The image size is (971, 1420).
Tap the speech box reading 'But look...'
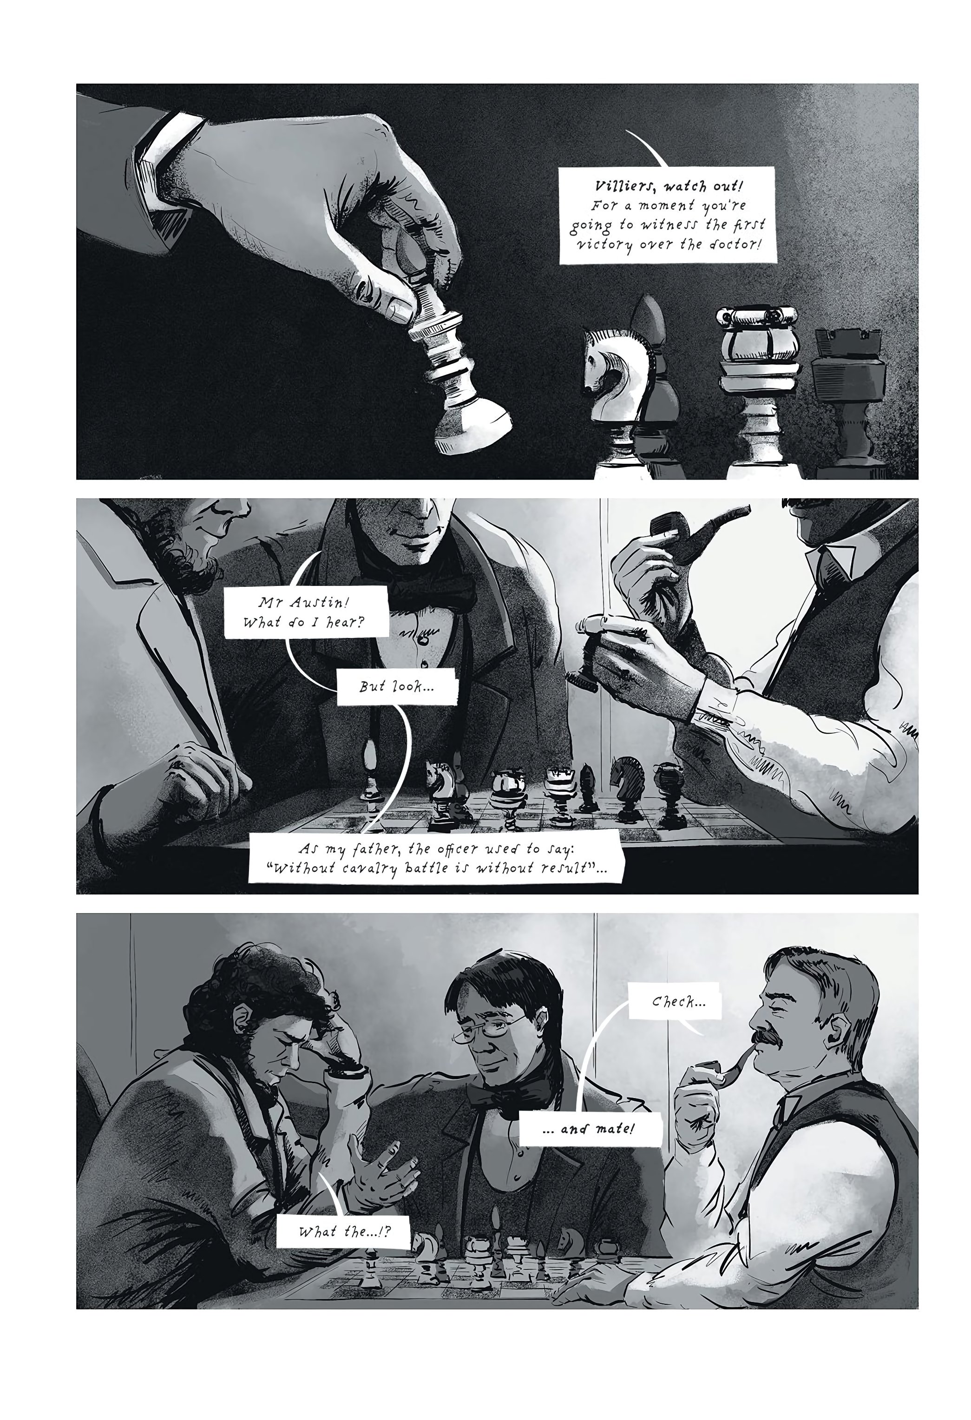(x=396, y=686)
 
